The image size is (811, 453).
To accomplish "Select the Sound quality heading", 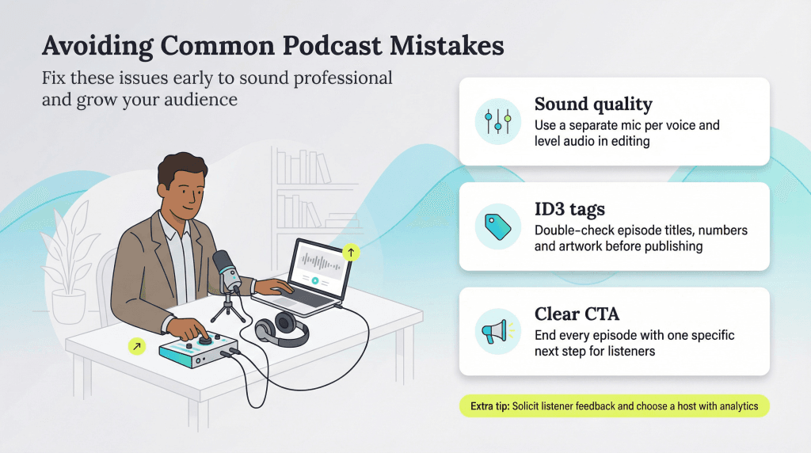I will (x=592, y=105).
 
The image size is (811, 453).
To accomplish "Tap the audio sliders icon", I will (x=498, y=121).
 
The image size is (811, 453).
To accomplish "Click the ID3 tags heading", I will (x=569, y=210).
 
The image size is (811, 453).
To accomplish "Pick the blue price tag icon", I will (x=498, y=226).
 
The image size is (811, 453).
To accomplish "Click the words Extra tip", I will (x=485, y=406).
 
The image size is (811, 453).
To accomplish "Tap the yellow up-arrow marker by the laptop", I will (x=352, y=253).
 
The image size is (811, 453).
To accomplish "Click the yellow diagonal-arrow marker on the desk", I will (x=137, y=345).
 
